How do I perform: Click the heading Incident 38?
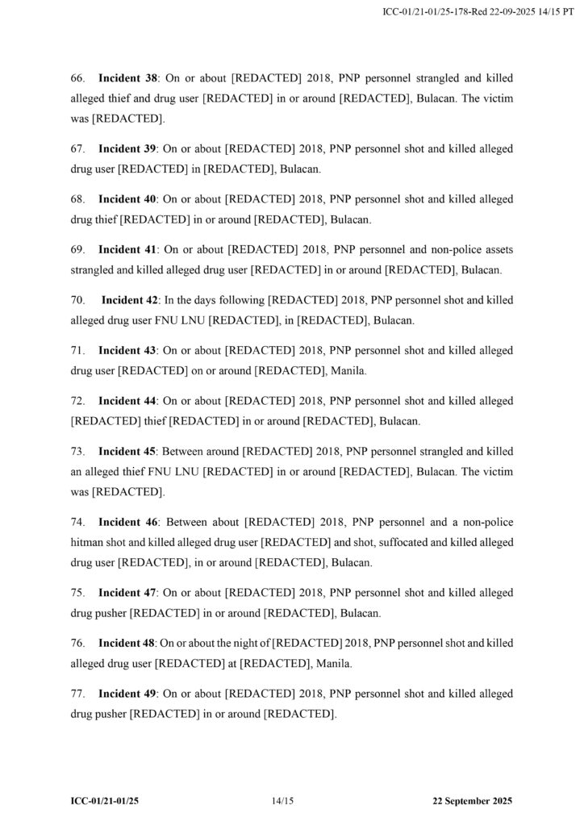pos(127,78)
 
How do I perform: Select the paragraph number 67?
pos(78,149)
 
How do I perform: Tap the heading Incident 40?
pos(127,199)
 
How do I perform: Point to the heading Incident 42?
pos(130,300)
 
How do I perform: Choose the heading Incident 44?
pos(127,401)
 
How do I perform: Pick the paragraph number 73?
pos(78,451)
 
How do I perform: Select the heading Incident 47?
pos(127,592)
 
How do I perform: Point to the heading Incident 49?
pos(127,693)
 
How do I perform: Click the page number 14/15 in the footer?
pos(283,801)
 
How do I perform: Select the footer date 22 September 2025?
pos(472,801)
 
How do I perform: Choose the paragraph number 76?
pos(78,643)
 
